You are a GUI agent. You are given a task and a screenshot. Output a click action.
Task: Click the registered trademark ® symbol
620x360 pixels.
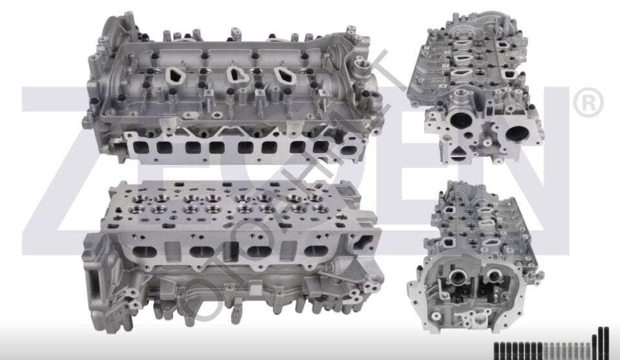588,104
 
